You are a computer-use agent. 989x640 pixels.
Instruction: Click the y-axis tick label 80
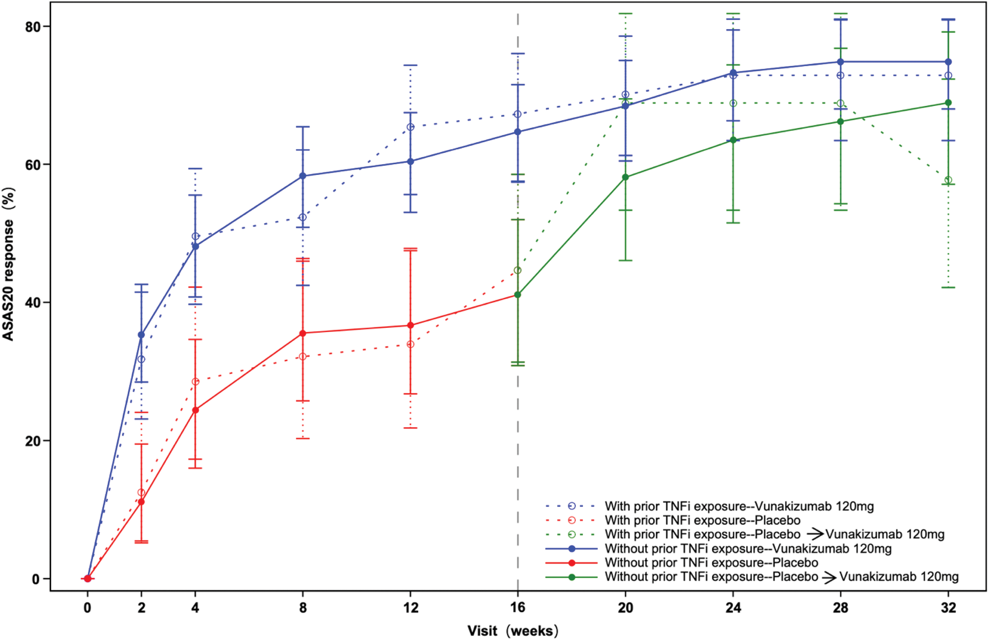(33, 27)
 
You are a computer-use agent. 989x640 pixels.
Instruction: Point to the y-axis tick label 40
(33, 302)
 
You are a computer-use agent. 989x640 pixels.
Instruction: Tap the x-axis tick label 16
(518, 607)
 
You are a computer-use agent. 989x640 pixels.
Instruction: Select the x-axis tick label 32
(948, 607)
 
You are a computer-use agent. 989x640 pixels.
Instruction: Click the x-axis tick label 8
(303, 607)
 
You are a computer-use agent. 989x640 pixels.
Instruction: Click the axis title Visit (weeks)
(512, 631)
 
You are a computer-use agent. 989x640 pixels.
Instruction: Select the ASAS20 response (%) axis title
(9, 264)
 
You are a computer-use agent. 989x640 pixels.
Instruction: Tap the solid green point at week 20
(625, 178)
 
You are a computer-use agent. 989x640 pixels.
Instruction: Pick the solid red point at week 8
(303, 334)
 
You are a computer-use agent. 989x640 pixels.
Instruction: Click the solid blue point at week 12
(410, 162)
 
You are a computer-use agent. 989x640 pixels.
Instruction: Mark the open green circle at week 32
(948, 180)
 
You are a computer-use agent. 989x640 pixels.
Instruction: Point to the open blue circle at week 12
(410, 127)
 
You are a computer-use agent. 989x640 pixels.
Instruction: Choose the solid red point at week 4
(195, 410)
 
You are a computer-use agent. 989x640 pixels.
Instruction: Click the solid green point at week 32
(948, 103)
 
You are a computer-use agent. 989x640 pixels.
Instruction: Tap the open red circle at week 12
(410, 344)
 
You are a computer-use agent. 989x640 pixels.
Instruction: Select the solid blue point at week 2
(142, 335)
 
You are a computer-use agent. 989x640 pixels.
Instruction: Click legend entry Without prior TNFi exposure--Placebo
(711, 563)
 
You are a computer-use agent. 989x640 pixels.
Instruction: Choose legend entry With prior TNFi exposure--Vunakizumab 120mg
(739, 506)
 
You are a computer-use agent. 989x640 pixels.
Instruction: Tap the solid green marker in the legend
(572, 577)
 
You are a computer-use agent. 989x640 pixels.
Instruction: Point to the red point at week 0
(87, 579)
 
